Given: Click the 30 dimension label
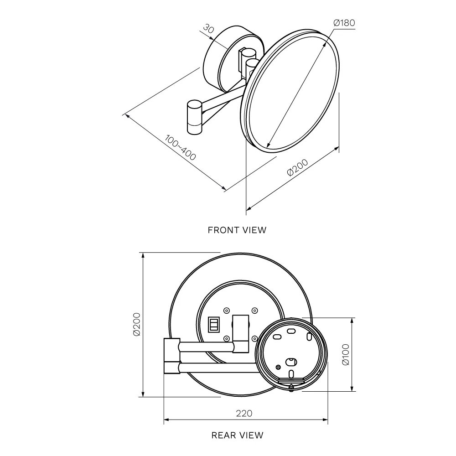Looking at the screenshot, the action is [208, 28].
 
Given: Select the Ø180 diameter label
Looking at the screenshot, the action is [344, 23].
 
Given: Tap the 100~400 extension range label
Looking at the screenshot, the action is [180, 147].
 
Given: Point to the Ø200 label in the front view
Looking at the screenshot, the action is [297, 167].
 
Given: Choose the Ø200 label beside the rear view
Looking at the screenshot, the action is [137, 324].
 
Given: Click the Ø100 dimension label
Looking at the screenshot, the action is [346, 354].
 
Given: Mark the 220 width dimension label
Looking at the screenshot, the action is [244, 413].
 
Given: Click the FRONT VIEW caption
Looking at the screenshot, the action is [237, 230].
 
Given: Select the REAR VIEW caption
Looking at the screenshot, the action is [237, 435].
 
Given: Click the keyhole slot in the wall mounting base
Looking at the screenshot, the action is [291, 362].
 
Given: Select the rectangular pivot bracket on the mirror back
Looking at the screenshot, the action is [241, 334].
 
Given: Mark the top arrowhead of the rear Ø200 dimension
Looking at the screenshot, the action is [143, 255].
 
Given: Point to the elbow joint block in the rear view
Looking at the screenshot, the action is [172, 356].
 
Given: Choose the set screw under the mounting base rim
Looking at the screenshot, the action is [291, 387].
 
